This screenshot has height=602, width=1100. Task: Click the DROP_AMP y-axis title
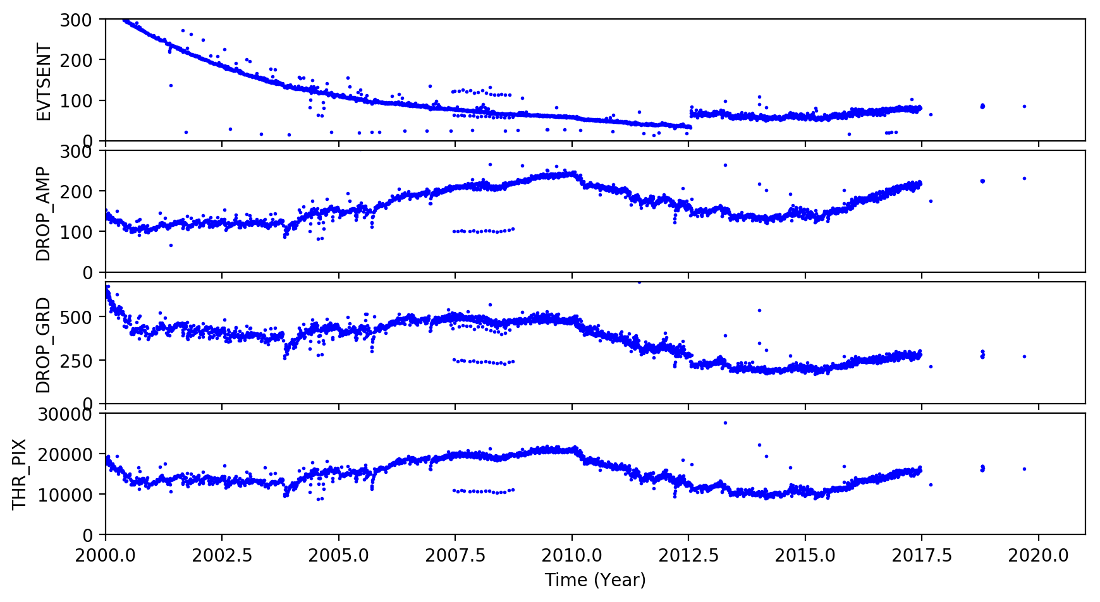pos(43,214)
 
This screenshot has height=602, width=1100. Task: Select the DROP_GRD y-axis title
pos(43,345)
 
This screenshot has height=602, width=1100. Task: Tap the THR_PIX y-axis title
pos(20,474)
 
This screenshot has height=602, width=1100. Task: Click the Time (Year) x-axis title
pos(595,580)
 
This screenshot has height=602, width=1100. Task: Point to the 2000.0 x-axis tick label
pos(106,556)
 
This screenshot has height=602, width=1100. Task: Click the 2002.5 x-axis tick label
pos(222,556)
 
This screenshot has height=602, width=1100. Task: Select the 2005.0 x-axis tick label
pos(339,556)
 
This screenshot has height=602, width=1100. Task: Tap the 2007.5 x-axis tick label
pos(455,556)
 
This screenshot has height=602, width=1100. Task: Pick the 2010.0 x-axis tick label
pos(572,556)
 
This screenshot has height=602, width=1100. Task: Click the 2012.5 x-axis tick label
pos(688,556)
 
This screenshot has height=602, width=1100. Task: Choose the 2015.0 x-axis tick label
pos(805,556)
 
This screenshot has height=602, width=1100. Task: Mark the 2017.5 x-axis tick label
pos(922,556)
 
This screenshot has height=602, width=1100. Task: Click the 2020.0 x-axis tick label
pos(1039,556)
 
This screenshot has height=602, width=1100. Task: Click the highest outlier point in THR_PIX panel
pos(725,423)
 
